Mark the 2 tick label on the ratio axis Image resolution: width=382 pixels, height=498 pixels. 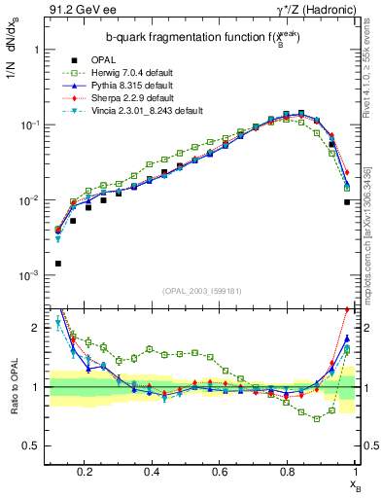pos(36,328)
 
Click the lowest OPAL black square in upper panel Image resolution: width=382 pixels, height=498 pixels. pos(58,264)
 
